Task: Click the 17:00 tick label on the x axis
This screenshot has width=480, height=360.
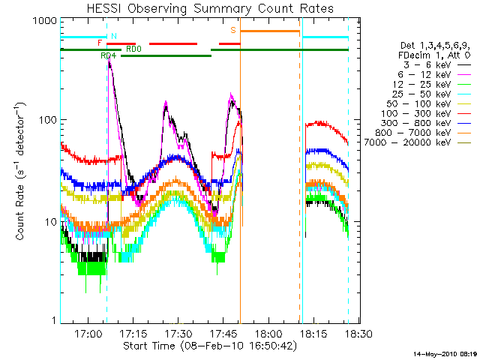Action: click(x=88, y=332)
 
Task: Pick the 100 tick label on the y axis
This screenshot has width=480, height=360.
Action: click(x=47, y=120)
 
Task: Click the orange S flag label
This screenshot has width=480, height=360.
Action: click(x=233, y=30)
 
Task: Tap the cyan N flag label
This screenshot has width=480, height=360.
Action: click(x=113, y=36)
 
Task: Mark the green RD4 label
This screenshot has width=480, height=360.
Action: click(x=108, y=55)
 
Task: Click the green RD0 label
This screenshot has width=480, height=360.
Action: click(x=133, y=49)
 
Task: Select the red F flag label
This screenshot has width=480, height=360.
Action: click(x=100, y=43)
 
